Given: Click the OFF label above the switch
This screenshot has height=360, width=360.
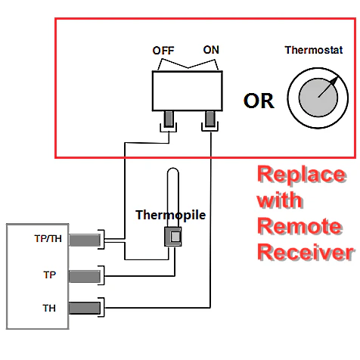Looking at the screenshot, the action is tap(163, 51).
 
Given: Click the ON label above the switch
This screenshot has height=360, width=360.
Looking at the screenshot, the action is tap(211, 50).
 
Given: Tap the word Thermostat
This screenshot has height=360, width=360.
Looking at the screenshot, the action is tap(314, 50).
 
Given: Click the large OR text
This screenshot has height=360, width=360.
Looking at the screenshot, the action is tap(259, 101).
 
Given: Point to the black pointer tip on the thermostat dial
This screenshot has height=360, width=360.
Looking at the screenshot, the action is tap(336, 79).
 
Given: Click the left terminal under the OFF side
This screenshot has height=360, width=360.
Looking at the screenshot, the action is tap(169, 119).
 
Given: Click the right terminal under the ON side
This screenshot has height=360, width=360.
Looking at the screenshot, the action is tap(209, 119).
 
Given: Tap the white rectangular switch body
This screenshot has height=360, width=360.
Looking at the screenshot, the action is tap(188, 91).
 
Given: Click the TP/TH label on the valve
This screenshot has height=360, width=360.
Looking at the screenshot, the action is tap(48, 238).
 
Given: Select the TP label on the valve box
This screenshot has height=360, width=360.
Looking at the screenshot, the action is tap(50, 275).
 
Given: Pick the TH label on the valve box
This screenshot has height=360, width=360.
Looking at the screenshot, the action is tap(49, 308).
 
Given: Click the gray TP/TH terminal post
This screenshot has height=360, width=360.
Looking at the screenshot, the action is tap(85, 240).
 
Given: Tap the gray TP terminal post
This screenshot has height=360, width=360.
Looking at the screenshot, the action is tap(85, 276).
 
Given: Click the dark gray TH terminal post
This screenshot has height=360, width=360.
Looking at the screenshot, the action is tap(85, 308).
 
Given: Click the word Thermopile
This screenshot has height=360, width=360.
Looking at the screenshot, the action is tap(171, 215).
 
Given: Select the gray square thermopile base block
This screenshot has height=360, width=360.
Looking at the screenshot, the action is tap(173, 237).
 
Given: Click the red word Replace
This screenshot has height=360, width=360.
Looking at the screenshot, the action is tap(302, 175).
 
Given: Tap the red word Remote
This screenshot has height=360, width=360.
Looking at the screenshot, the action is tap(299, 226).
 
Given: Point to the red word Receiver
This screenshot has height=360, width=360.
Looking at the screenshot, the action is tap(306, 252).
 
